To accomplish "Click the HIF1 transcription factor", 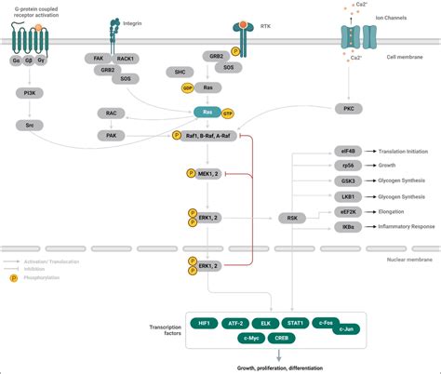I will click(x=202, y=322).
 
